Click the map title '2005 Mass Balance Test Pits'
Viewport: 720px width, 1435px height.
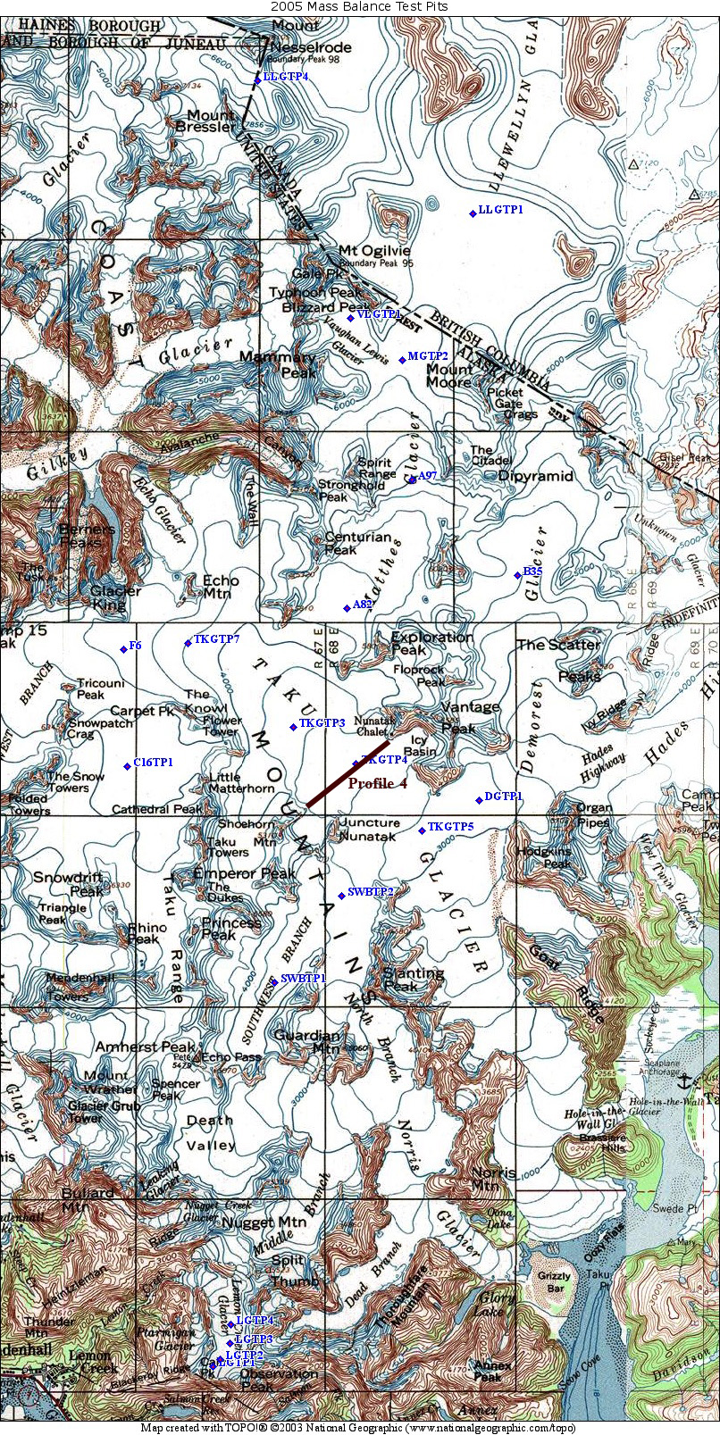point(359,6)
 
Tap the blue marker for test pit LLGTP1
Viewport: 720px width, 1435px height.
point(473,213)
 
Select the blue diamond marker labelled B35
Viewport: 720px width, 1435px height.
point(517,574)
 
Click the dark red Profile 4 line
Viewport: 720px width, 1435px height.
point(348,773)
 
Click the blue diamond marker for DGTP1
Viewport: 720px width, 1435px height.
point(479,799)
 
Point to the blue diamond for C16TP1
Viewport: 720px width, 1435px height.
point(127,765)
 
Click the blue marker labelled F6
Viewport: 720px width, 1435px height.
point(123,648)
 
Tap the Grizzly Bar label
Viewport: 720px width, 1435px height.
point(554,1282)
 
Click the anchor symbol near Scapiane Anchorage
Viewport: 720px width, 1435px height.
point(686,1081)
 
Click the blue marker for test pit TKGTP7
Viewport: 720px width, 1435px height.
point(188,642)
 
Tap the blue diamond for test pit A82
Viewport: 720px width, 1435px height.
point(347,608)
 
